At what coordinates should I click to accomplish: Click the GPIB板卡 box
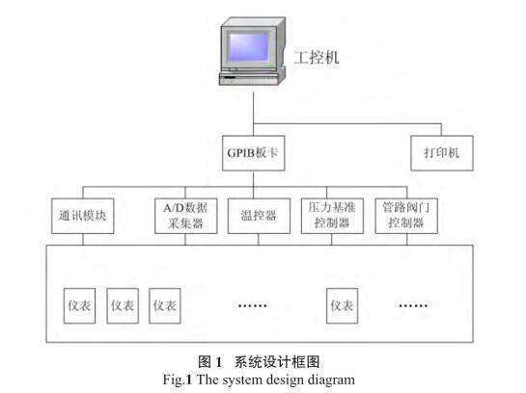253,153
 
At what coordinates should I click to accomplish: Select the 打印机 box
442,153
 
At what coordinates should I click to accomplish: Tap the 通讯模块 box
83,216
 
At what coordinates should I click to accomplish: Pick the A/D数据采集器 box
185,216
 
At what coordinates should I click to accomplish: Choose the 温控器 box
259,216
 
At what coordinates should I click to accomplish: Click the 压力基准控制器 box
332,216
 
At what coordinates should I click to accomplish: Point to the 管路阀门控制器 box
406,216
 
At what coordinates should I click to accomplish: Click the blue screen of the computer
249,47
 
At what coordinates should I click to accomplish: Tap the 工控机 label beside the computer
317,58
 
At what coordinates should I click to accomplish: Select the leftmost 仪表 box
79,305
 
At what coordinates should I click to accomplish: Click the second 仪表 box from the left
123,305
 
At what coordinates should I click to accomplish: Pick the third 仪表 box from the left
165,305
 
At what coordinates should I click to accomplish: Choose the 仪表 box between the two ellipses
342,305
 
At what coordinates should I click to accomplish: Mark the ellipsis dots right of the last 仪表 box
413,305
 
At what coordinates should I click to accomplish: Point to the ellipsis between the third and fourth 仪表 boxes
252,305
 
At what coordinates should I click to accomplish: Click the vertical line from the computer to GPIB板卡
253,114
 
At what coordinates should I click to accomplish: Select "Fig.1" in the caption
178,380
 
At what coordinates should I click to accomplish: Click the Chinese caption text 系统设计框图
277,362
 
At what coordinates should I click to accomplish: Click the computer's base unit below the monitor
250,78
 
